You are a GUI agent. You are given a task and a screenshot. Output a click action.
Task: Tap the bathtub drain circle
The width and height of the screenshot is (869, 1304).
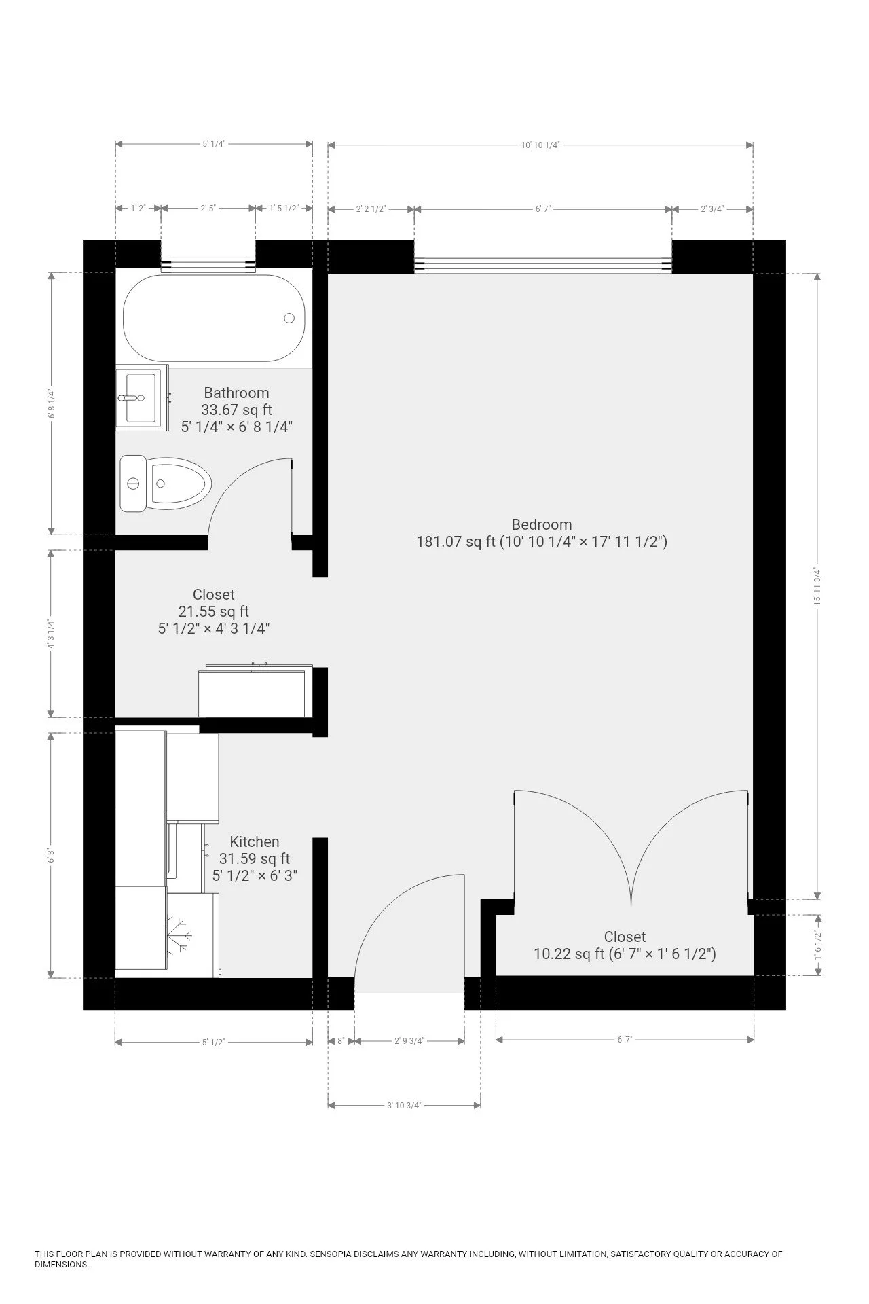[x=289, y=318]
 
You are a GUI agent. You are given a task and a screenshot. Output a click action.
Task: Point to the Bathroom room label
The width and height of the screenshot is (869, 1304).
[x=236, y=393]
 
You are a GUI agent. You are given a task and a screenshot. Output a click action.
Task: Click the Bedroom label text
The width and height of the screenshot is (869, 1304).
[x=541, y=524]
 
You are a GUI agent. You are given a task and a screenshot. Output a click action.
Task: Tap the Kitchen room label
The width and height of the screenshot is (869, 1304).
[x=254, y=841]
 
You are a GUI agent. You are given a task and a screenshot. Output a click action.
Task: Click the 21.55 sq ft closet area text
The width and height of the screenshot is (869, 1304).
[x=213, y=611]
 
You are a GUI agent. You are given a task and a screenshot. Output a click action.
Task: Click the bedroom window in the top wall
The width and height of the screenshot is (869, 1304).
[x=542, y=266]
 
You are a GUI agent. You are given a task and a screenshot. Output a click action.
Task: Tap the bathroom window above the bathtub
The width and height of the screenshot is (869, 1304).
[x=208, y=265]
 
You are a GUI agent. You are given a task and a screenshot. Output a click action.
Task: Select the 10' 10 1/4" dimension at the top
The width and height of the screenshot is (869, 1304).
[x=540, y=145]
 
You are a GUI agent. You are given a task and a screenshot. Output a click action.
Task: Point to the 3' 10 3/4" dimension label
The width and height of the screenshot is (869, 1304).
[x=404, y=1105]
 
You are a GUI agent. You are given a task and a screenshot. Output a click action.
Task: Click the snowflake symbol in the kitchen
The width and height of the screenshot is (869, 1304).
[x=180, y=935]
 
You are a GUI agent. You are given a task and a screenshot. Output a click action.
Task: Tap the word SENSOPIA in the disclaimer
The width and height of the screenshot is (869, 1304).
[x=331, y=1254]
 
